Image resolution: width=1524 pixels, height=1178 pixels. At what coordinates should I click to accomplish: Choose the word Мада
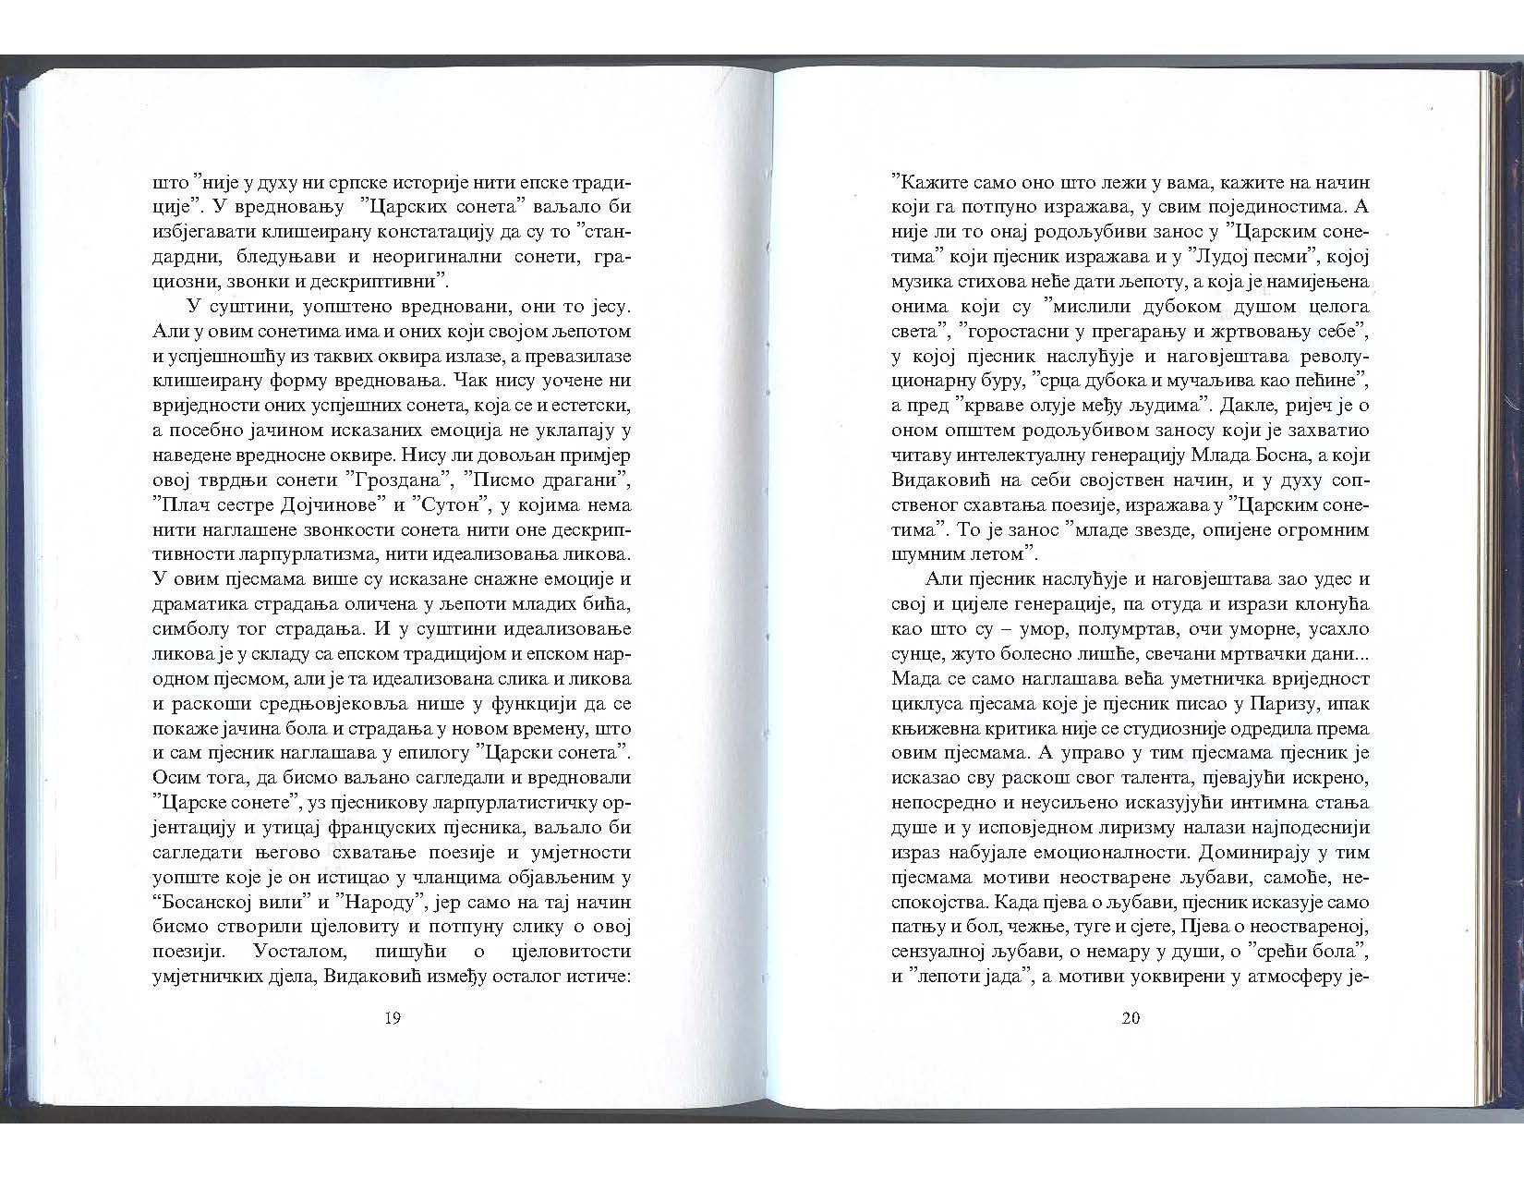pyautogui.click(x=913, y=679)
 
